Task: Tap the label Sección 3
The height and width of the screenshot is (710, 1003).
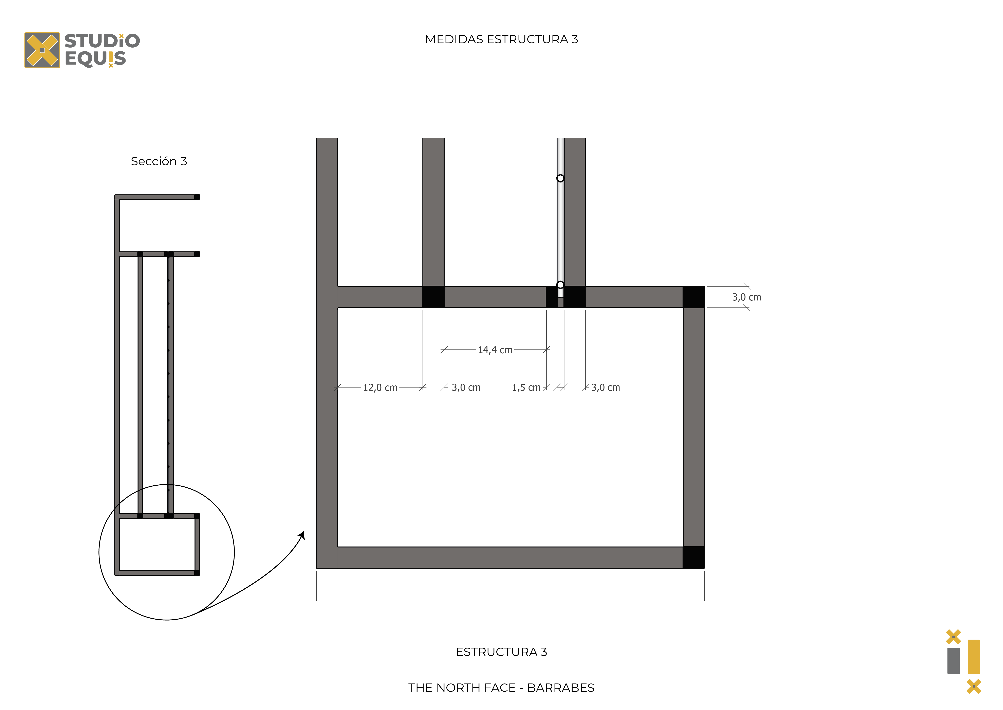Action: click(x=159, y=161)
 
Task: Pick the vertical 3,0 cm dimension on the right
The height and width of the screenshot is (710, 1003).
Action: click(x=747, y=297)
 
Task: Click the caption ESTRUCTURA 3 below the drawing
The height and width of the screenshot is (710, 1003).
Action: click(x=501, y=652)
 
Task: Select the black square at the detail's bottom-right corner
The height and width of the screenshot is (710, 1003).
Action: click(x=694, y=557)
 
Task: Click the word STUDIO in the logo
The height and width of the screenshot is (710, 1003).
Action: click(x=102, y=41)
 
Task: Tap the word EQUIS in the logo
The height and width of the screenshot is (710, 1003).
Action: click(x=95, y=59)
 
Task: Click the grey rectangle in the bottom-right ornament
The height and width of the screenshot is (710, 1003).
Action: click(x=954, y=661)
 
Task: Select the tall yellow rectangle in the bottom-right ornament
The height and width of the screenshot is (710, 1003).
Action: click(x=974, y=657)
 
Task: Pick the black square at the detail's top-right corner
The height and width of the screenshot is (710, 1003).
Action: click(x=694, y=297)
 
